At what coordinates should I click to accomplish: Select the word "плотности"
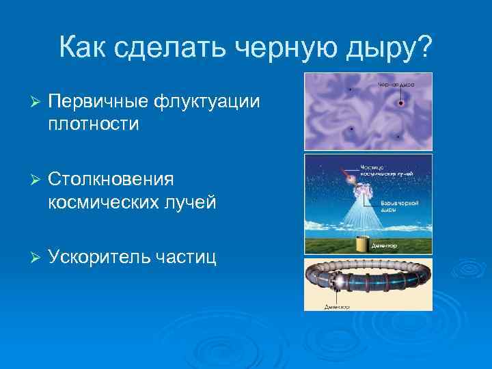(94, 124)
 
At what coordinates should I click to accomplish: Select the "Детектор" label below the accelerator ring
(336, 307)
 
